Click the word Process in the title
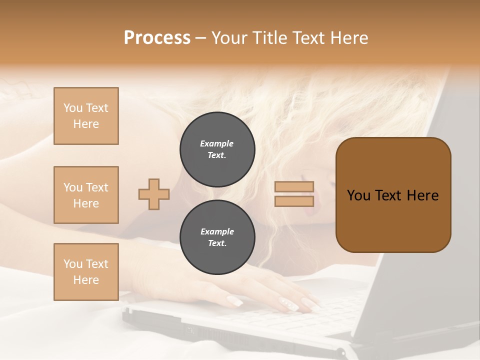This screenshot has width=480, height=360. click(x=157, y=38)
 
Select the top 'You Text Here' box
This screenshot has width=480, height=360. click(x=86, y=116)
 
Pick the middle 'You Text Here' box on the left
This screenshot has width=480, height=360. click(x=86, y=195)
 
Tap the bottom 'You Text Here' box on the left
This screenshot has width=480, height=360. click(x=86, y=271)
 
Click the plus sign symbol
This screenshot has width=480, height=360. click(x=154, y=194)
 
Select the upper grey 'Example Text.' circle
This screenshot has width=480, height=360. click(x=217, y=149)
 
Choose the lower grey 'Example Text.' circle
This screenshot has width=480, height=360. click(x=217, y=237)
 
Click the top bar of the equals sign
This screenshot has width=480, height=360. click(x=294, y=186)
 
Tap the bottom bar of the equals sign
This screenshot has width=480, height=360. click(x=294, y=201)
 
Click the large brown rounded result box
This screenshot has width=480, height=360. click(x=393, y=195)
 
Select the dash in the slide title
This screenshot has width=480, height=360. click(x=201, y=38)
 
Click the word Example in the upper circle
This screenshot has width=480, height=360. click(x=217, y=143)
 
